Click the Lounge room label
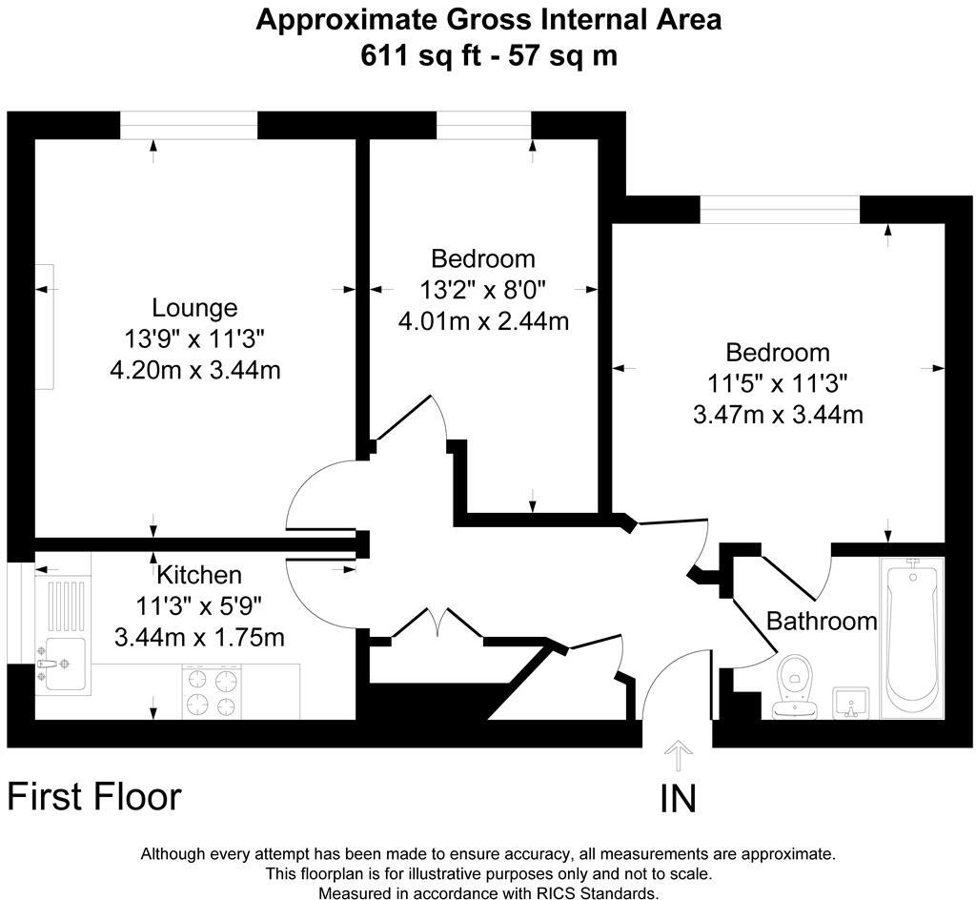coord(194,308)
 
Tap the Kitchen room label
coord(199,575)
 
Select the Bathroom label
coord(822,622)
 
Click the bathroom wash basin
coord(851,703)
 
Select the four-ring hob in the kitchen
coord(212,692)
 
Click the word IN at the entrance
coord(678,799)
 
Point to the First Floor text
coord(94,796)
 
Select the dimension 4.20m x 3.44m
coord(195,369)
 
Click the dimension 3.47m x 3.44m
coord(778,415)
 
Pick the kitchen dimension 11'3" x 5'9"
coord(199,605)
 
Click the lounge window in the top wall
coord(189,125)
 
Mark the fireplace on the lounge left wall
coord(45,326)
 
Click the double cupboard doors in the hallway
coord(437,624)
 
